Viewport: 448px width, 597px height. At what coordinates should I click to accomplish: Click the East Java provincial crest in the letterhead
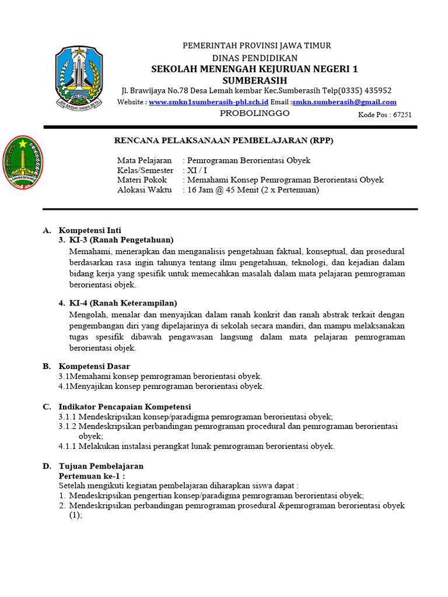tap(79, 78)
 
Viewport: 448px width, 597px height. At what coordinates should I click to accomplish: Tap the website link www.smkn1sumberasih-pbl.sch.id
tap(208, 102)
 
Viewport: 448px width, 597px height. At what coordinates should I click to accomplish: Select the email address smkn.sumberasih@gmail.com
tap(344, 102)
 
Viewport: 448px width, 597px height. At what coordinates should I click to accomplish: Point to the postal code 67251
tap(402, 115)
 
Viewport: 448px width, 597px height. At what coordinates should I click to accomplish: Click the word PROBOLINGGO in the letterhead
tap(254, 113)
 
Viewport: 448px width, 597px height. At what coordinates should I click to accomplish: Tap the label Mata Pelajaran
tap(144, 160)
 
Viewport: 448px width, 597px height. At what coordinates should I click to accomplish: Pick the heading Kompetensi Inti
tap(90, 230)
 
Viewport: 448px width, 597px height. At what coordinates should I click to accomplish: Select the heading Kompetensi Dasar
tap(94, 366)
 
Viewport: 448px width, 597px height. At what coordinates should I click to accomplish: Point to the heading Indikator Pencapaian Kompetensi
tap(125, 406)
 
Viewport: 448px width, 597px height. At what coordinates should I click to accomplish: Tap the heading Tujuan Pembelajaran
tap(101, 466)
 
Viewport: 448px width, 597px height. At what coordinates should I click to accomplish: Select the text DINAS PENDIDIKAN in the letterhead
tap(254, 58)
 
